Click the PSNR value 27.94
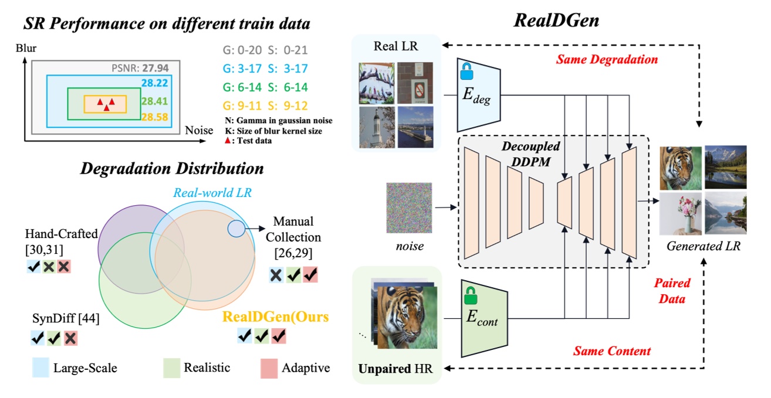coord(155,67)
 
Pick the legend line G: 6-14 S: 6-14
coord(258,87)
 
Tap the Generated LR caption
coord(704,247)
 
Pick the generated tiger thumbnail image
coord(681,167)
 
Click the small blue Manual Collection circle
coord(236,229)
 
